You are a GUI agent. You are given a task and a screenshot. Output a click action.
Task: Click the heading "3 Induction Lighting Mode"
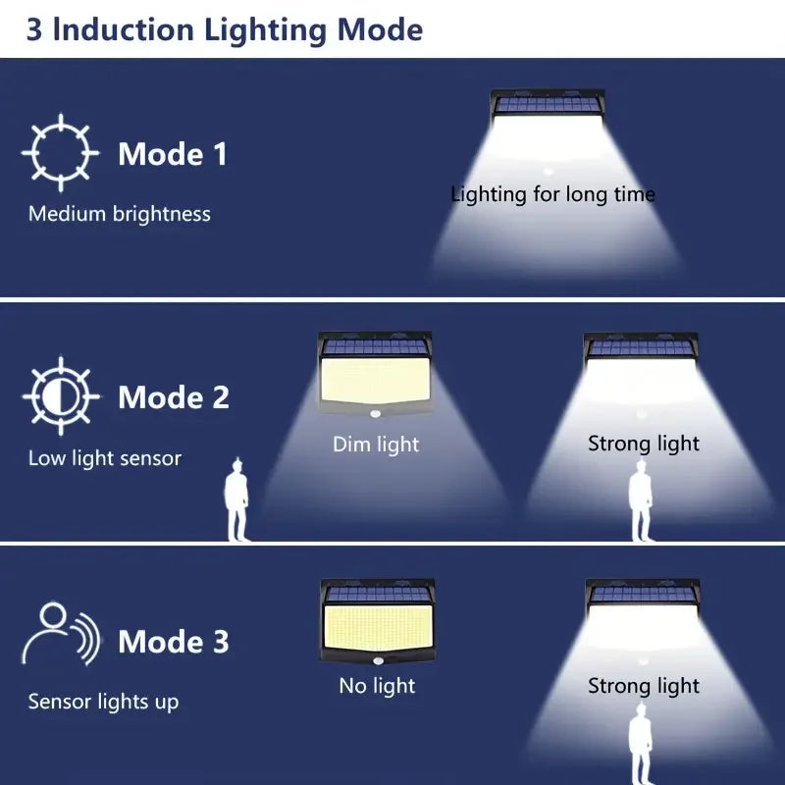point(225,30)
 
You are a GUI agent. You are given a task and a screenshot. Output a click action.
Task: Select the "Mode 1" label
point(173,154)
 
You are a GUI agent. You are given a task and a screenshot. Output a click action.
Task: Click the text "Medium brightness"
point(120,214)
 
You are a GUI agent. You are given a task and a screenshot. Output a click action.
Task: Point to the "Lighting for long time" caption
point(552,194)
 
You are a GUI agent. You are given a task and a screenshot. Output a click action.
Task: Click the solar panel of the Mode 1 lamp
point(549,104)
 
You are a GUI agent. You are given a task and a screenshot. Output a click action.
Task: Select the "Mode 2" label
point(174,397)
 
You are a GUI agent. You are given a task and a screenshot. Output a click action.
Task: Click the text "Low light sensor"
point(105,458)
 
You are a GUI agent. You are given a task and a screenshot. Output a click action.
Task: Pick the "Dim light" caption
point(376,445)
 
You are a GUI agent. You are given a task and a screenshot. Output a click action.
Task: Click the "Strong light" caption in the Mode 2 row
point(644,444)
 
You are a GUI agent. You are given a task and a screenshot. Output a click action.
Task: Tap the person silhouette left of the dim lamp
point(236,499)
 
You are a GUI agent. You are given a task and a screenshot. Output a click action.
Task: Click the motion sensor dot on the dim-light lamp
point(376,414)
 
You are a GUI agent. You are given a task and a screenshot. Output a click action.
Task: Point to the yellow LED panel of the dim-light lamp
point(376,380)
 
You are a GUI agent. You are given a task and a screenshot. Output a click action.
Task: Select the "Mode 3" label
point(174,642)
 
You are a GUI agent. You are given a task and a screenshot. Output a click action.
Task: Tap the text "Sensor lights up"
point(104,702)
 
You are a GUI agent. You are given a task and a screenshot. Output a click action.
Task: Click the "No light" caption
point(377,686)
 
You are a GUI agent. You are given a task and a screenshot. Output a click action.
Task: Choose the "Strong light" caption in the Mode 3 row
point(644,686)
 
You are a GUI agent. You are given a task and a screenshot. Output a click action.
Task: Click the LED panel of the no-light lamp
point(378,627)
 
